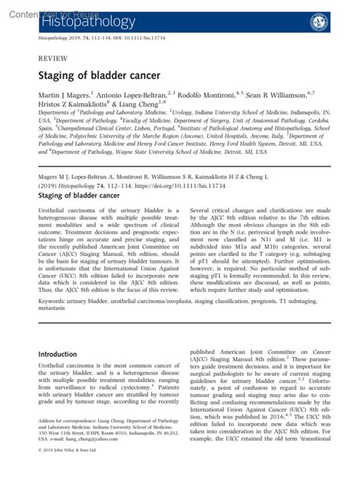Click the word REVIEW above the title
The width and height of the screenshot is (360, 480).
point(51,58)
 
